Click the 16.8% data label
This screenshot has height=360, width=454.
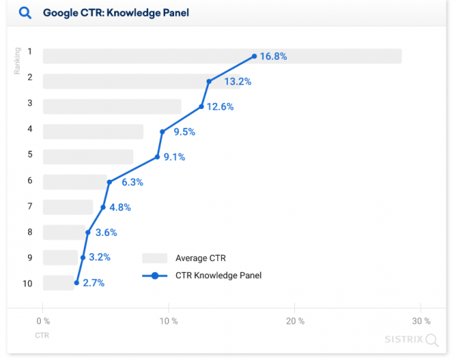pyautogui.click(x=273, y=56)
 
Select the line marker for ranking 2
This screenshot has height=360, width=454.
pyautogui.click(x=208, y=81)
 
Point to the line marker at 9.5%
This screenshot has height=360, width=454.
pyautogui.click(x=162, y=132)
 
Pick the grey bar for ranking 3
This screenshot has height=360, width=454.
pyautogui.click(x=112, y=107)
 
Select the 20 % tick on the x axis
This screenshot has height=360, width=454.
pyautogui.click(x=295, y=321)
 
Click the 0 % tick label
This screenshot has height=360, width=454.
pyautogui.click(x=43, y=321)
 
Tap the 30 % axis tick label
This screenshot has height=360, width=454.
pyautogui.click(x=421, y=321)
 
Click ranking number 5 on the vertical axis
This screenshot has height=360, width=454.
pyautogui.click(x=30, y=155)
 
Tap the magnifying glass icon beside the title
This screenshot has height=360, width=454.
pyautogui.click(x=24, y=13)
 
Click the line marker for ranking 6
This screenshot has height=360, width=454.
pyautogui.click(x=110, y=182)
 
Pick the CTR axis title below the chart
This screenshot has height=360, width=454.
pyautogui.click(x=42, y=334)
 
